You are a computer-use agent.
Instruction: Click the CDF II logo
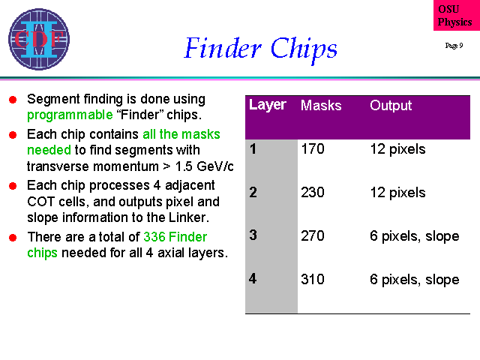(x=39, y=39)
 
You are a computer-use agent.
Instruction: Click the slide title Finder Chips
(x=261, y=48)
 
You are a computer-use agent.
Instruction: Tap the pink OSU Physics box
(x=457, y=15)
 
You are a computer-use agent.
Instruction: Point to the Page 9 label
(x=454, y=46)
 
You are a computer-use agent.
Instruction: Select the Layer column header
(x=268, y=105)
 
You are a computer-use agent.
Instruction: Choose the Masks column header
(x=321, y=105)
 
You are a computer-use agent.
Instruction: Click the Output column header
(x=391, y=105)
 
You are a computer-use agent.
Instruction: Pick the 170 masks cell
(x=313, y=149)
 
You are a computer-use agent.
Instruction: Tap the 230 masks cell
(x=313, y=193)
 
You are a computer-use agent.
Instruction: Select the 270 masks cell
(x=313, y=236)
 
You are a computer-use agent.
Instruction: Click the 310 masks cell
(x=313, y=280)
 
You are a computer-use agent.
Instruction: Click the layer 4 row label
(x=253, y=278)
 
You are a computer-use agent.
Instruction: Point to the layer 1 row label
(x=253, y=149)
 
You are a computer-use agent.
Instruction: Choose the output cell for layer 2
(x=397, y=193)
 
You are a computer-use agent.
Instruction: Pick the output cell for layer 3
(x=415, y=236)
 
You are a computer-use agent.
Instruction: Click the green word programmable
(x=70, y=115)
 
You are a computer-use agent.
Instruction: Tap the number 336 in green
(x=154, y=237)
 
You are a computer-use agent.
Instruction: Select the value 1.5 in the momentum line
(x=184, y=166)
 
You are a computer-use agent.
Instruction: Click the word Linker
(x=188, y=217)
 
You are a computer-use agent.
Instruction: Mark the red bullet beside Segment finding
(x=13, y=100)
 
